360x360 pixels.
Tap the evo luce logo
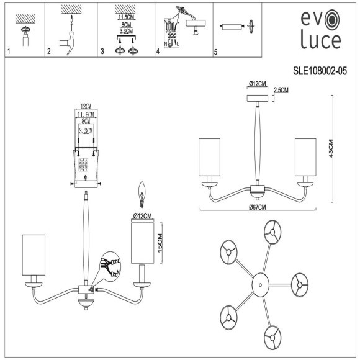point(320,29)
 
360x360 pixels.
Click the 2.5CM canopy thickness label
point(281,90)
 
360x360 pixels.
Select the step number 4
point(158,52)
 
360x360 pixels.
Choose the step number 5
point(215,52)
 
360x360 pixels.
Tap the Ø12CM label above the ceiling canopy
point(257,84)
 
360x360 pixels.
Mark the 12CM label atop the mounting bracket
point(85,106)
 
